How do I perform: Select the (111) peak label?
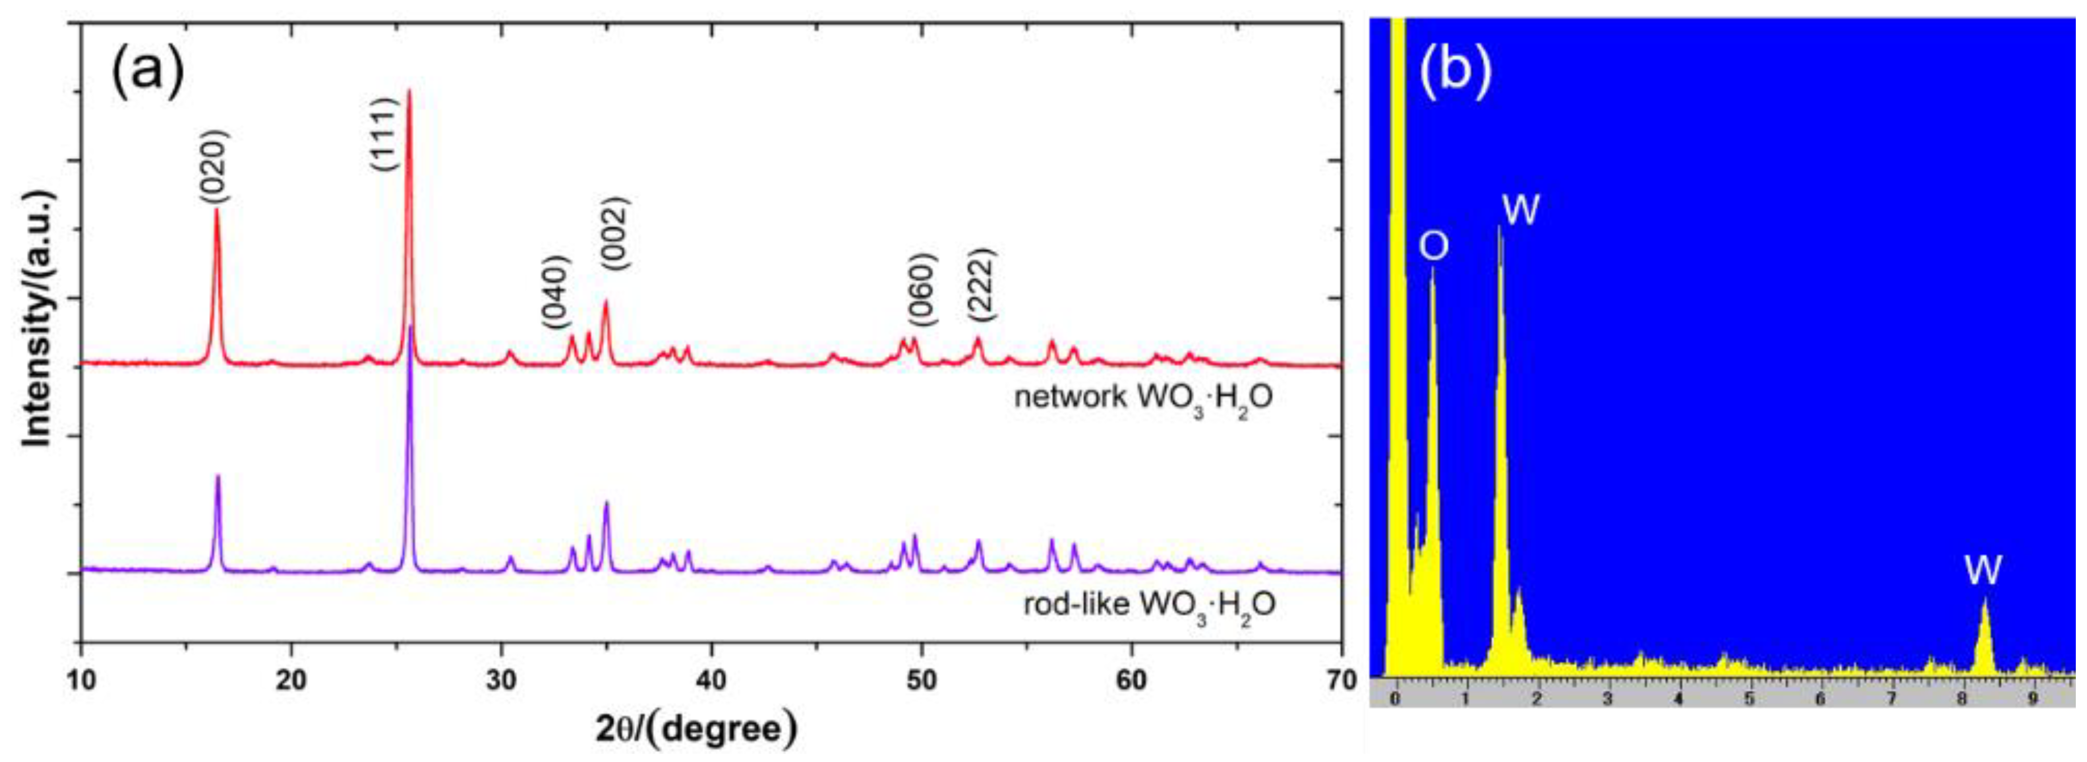383,134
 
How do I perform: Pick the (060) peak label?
922,290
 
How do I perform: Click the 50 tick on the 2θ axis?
921,678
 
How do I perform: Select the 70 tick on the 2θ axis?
1341,678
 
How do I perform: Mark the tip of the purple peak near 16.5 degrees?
217,476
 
